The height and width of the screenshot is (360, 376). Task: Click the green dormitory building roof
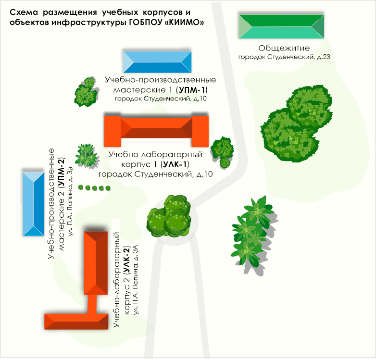281,26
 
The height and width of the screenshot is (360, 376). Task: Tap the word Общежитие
284,48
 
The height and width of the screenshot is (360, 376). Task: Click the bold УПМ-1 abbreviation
191,90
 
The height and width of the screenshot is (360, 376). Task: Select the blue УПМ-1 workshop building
157,62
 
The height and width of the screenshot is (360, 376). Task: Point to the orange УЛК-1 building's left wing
113,131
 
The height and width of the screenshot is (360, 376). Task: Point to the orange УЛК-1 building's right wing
200,131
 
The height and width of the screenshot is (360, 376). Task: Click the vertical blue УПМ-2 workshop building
34,204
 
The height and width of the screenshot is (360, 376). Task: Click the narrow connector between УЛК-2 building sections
92,304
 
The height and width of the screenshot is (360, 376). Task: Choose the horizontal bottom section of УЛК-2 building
76,322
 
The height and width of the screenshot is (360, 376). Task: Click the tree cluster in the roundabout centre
169,216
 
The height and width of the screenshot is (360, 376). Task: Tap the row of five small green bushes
94,187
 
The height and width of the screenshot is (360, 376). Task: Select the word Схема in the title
24,12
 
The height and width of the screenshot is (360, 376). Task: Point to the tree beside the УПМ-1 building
87,92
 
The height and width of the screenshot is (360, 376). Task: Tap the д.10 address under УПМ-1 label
200,99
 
